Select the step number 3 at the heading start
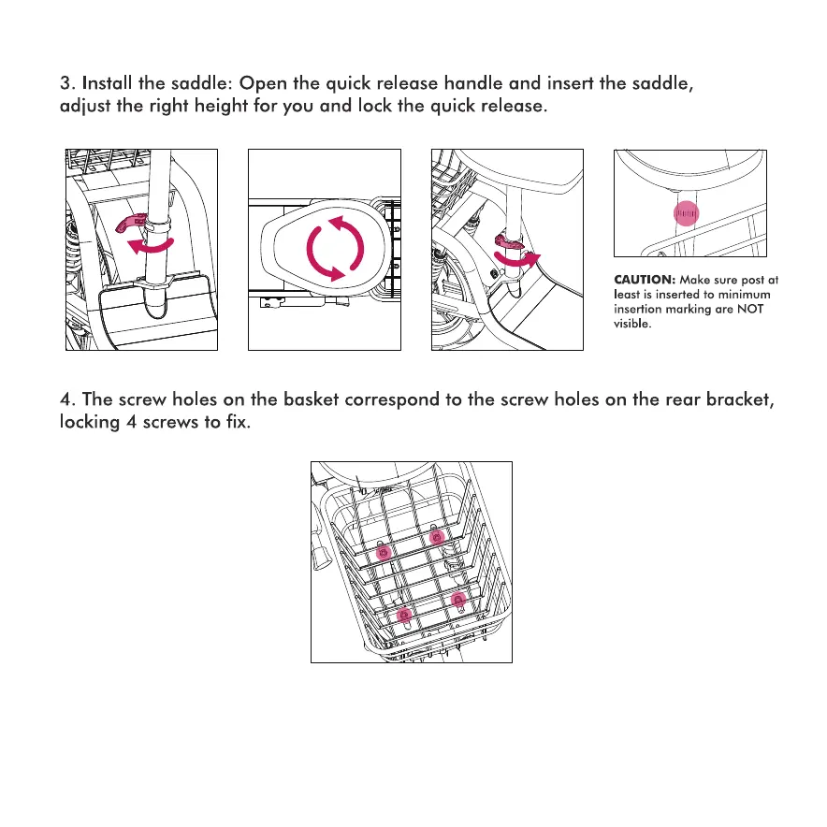64,83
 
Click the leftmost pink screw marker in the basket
382,555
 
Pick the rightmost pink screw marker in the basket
457,599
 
